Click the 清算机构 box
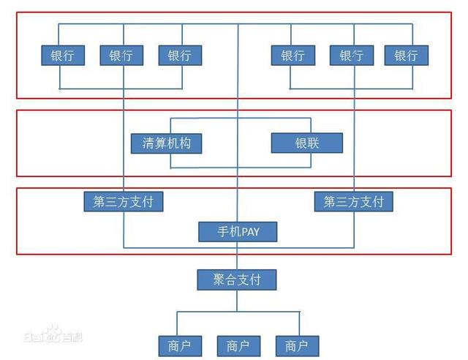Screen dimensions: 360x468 (166, 143)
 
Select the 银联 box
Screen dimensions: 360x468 (306, 143)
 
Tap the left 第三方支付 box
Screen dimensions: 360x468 (123, 201)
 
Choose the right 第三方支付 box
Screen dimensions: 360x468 (353, 201)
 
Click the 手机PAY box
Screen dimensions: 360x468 (238, 232)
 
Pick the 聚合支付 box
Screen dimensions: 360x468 (238, 279)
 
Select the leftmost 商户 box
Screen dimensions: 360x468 (179, 345)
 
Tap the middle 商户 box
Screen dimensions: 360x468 (238, 345)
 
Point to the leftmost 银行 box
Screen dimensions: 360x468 (62, 56)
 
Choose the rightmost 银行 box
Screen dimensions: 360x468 (406, 56)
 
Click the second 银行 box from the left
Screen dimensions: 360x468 (121, 56)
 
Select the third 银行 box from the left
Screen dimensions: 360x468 (179, 56)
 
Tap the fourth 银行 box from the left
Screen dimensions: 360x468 (292, 56)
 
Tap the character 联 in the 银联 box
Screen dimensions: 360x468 (313, 143)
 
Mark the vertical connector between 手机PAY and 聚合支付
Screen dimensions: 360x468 (237, 255)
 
